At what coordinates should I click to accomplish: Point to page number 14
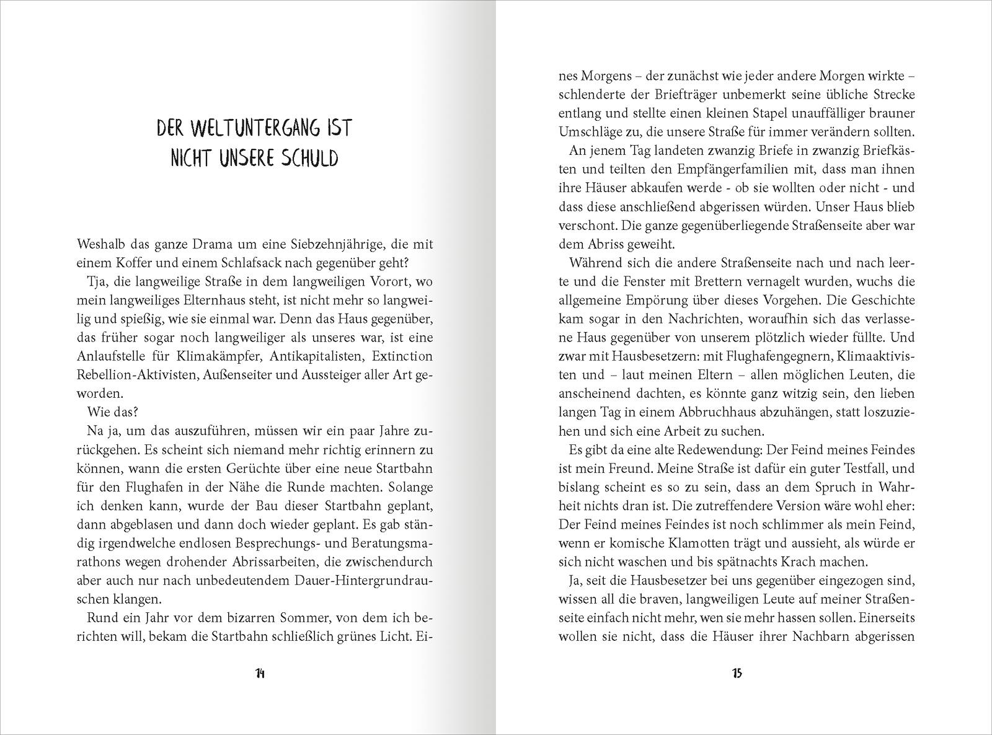(260, 674)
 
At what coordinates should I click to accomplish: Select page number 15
(737, 674)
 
